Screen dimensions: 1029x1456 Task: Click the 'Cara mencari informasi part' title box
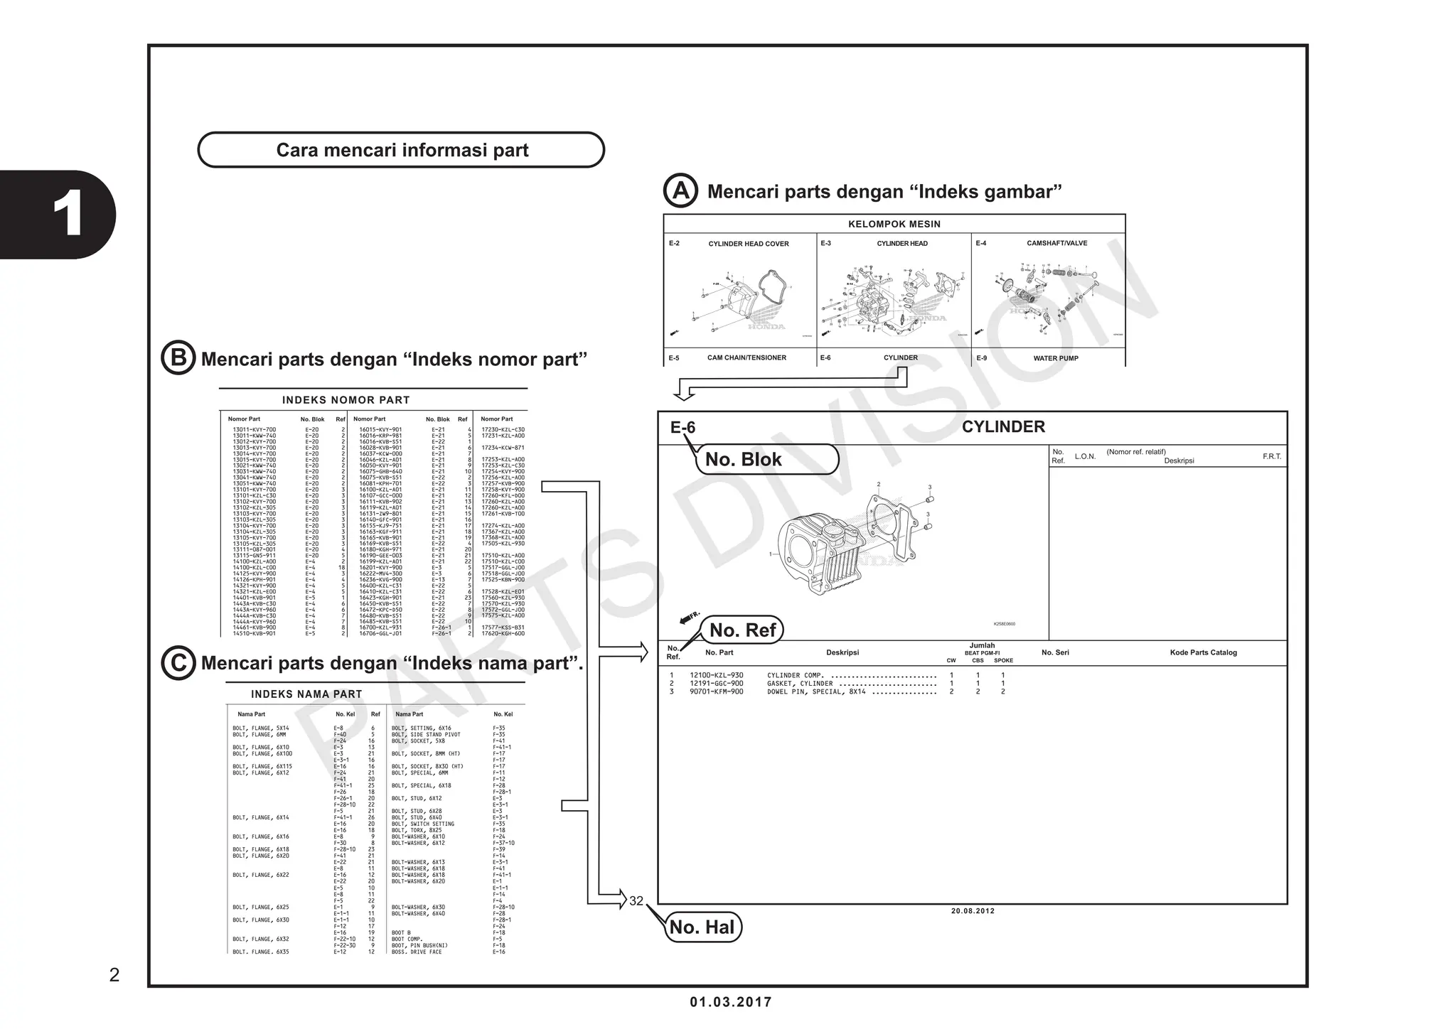pos(401,150)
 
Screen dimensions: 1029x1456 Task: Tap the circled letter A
pos(680,190)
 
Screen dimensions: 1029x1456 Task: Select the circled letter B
pos(178,358)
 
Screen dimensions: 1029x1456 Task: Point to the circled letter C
pos(178,662)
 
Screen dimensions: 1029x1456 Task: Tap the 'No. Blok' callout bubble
pos(766,459)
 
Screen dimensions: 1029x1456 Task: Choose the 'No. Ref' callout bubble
pos(743,630)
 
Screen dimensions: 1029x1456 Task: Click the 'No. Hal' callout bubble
pos(702,927)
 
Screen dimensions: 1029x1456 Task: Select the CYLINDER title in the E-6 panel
pos(1003,427)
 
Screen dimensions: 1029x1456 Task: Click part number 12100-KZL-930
pos(717,675)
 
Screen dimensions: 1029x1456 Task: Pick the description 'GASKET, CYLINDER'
pos(800,684)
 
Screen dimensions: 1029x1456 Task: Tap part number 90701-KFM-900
pos(717,691)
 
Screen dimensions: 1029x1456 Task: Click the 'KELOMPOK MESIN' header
pos(894,224)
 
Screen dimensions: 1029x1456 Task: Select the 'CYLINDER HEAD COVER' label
pos(749,244)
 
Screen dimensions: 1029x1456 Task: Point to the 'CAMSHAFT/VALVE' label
pos(1056,243)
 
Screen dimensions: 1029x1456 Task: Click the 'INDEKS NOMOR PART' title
pos(346,400)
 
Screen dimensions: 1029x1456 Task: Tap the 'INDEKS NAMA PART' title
pos(306,694)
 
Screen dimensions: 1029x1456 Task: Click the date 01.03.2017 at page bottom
pos(730,1002)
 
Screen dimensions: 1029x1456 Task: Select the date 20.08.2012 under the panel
pos(973,911)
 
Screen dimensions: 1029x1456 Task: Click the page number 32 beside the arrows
pos(636,901)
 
